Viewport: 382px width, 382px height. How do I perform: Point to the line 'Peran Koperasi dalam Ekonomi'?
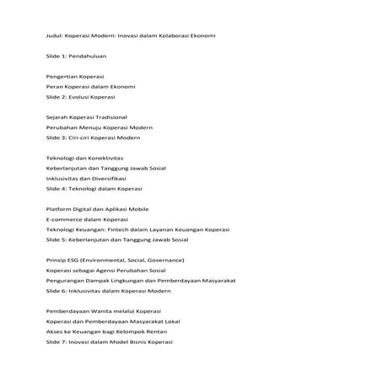(90, 86)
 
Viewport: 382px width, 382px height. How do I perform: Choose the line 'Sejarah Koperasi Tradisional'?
(87, 116)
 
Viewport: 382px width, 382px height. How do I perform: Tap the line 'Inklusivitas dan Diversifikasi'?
(86, 178)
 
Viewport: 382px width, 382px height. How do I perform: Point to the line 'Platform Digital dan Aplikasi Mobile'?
(100, 208)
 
